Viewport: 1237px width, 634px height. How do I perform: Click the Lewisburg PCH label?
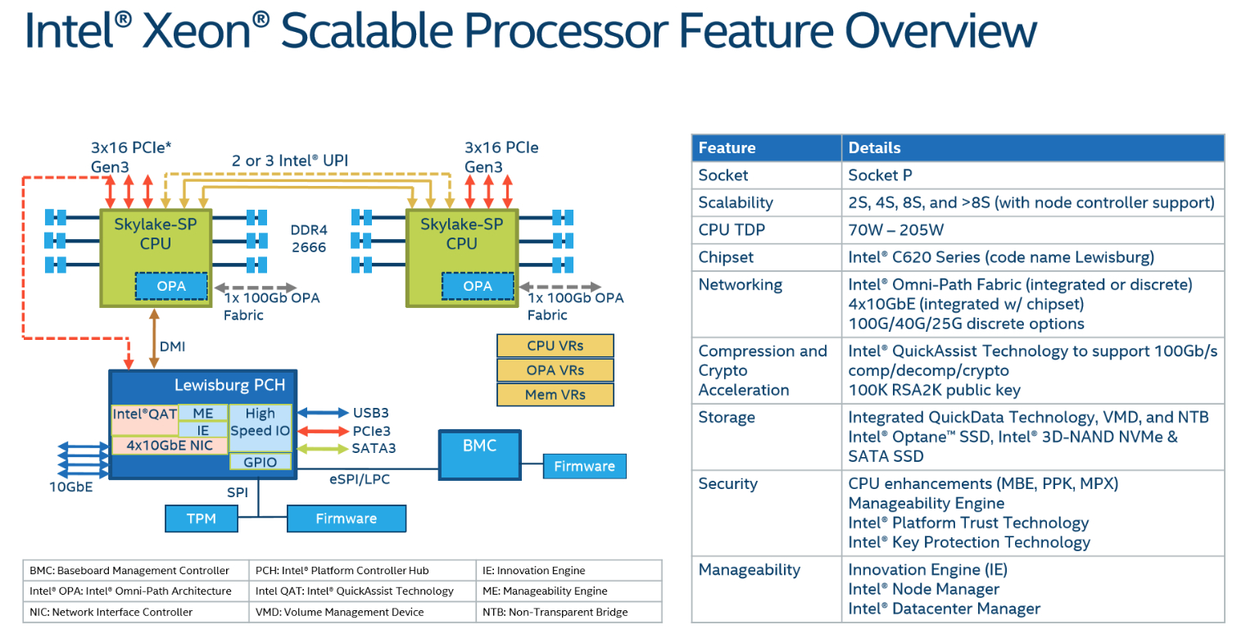coord(229,385)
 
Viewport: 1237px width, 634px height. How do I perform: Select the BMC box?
coord(479,455)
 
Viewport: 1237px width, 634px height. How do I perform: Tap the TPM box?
coord(201,519)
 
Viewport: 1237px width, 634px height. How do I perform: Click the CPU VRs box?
coord(555,346)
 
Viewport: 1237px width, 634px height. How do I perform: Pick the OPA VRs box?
coord(555,370)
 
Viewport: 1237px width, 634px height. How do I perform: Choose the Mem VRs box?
coord(555,394)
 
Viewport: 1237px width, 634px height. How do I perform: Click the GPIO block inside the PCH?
coord(261,462)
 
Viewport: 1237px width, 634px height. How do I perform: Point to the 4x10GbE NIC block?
coord(170,446)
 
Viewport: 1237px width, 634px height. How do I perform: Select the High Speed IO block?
coord(261,423)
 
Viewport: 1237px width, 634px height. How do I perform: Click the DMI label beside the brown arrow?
coord(172,346)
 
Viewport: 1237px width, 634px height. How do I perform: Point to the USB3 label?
coord(370,413)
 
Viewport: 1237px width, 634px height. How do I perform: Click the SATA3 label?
coord(374,448)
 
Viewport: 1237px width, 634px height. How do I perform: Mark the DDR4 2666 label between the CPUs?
coord(310,238)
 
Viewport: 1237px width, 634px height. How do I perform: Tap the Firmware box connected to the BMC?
coord(584,467)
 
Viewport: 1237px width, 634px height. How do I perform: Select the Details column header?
coord(874,148)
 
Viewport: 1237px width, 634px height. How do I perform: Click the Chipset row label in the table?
coord(726,257)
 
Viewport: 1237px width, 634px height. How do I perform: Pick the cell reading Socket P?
coord(880,175)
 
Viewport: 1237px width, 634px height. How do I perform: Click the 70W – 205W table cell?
coord(895,229)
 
